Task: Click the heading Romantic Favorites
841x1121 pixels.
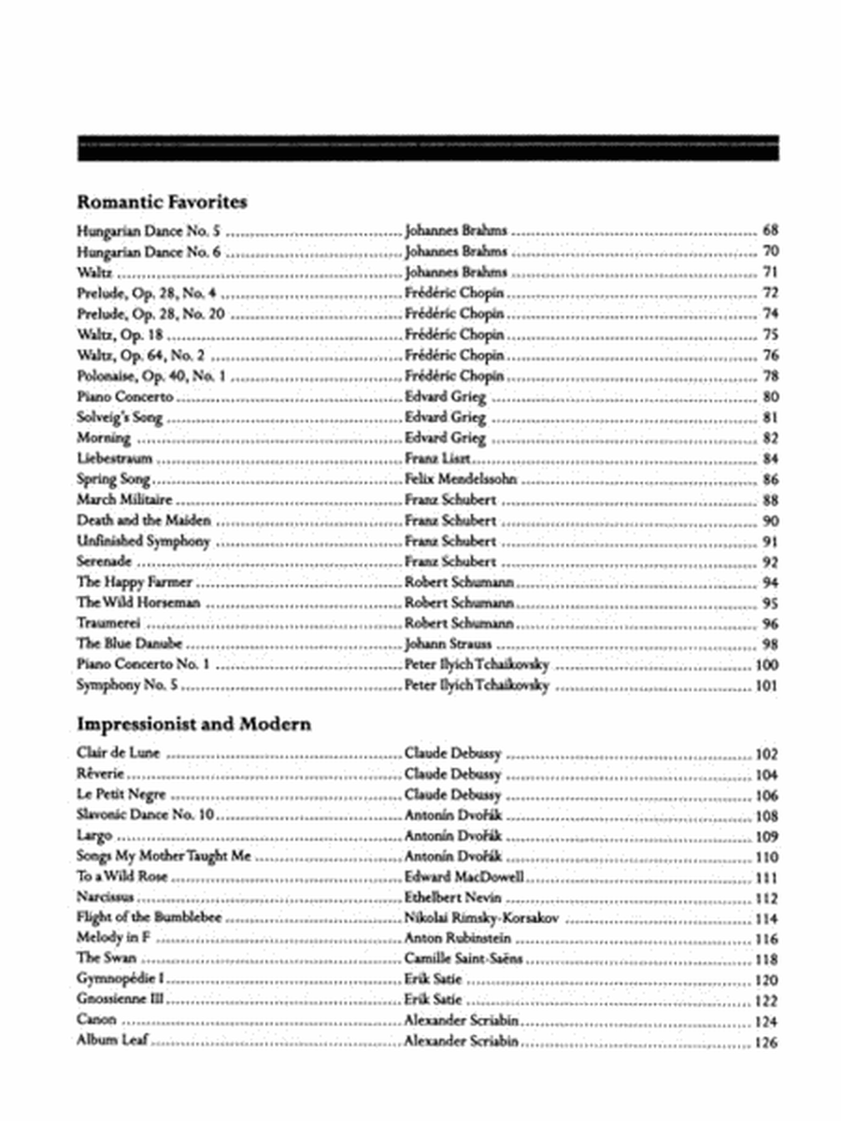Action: [162, 201]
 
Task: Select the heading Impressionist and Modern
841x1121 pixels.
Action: [193, 724]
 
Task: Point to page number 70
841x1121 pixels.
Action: [771, 251]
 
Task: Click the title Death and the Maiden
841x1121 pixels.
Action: [144, 520]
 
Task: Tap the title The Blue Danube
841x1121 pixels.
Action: [129, 644]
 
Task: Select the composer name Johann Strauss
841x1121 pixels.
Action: [448, 644]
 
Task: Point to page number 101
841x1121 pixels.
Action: [766, 687]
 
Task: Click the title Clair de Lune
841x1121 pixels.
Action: [120, 753]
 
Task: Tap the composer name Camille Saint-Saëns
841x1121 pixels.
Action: [457, 959]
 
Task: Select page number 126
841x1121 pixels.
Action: [766, 1043]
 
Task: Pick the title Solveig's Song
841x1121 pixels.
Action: [120, 418]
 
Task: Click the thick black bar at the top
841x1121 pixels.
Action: [428, 149]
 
